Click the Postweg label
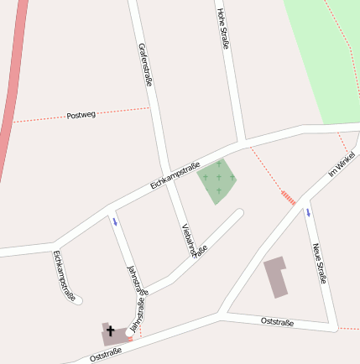[81, 115]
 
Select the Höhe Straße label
[222, 29]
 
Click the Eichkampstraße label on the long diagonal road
[175, 174]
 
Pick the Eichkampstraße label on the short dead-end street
[64, 275]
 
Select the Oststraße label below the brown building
[277, 321]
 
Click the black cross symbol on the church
[111, 331]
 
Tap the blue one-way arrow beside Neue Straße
[307, 212]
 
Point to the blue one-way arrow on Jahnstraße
[115, 221]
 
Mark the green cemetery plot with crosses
[216, 180]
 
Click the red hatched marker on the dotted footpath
[288, 197]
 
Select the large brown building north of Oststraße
[276, 278]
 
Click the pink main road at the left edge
[10, 92]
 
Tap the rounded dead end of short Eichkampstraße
[77, 300]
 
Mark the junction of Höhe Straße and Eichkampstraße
[242, 141]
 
